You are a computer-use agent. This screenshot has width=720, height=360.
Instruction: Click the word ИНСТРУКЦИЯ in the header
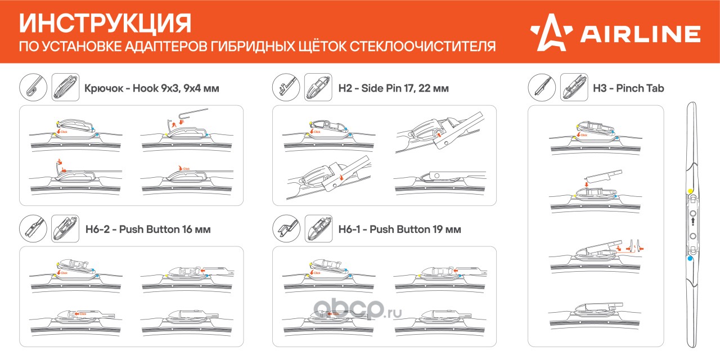pos(106,24)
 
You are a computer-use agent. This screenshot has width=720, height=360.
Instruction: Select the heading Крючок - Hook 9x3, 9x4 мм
pos(151,88)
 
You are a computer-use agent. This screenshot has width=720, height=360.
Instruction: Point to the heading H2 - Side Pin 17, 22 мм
pos(393,88)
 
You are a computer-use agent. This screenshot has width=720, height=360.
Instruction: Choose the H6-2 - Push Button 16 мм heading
pos(148,229)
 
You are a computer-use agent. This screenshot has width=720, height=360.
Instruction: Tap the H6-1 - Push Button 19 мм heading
pos(399,229)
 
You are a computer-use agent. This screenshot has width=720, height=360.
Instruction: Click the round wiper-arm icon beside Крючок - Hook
pos(33,88)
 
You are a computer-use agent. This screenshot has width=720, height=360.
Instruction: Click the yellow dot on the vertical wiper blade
pos(690,192)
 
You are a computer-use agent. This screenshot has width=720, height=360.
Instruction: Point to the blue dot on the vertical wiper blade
pos(690,258)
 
